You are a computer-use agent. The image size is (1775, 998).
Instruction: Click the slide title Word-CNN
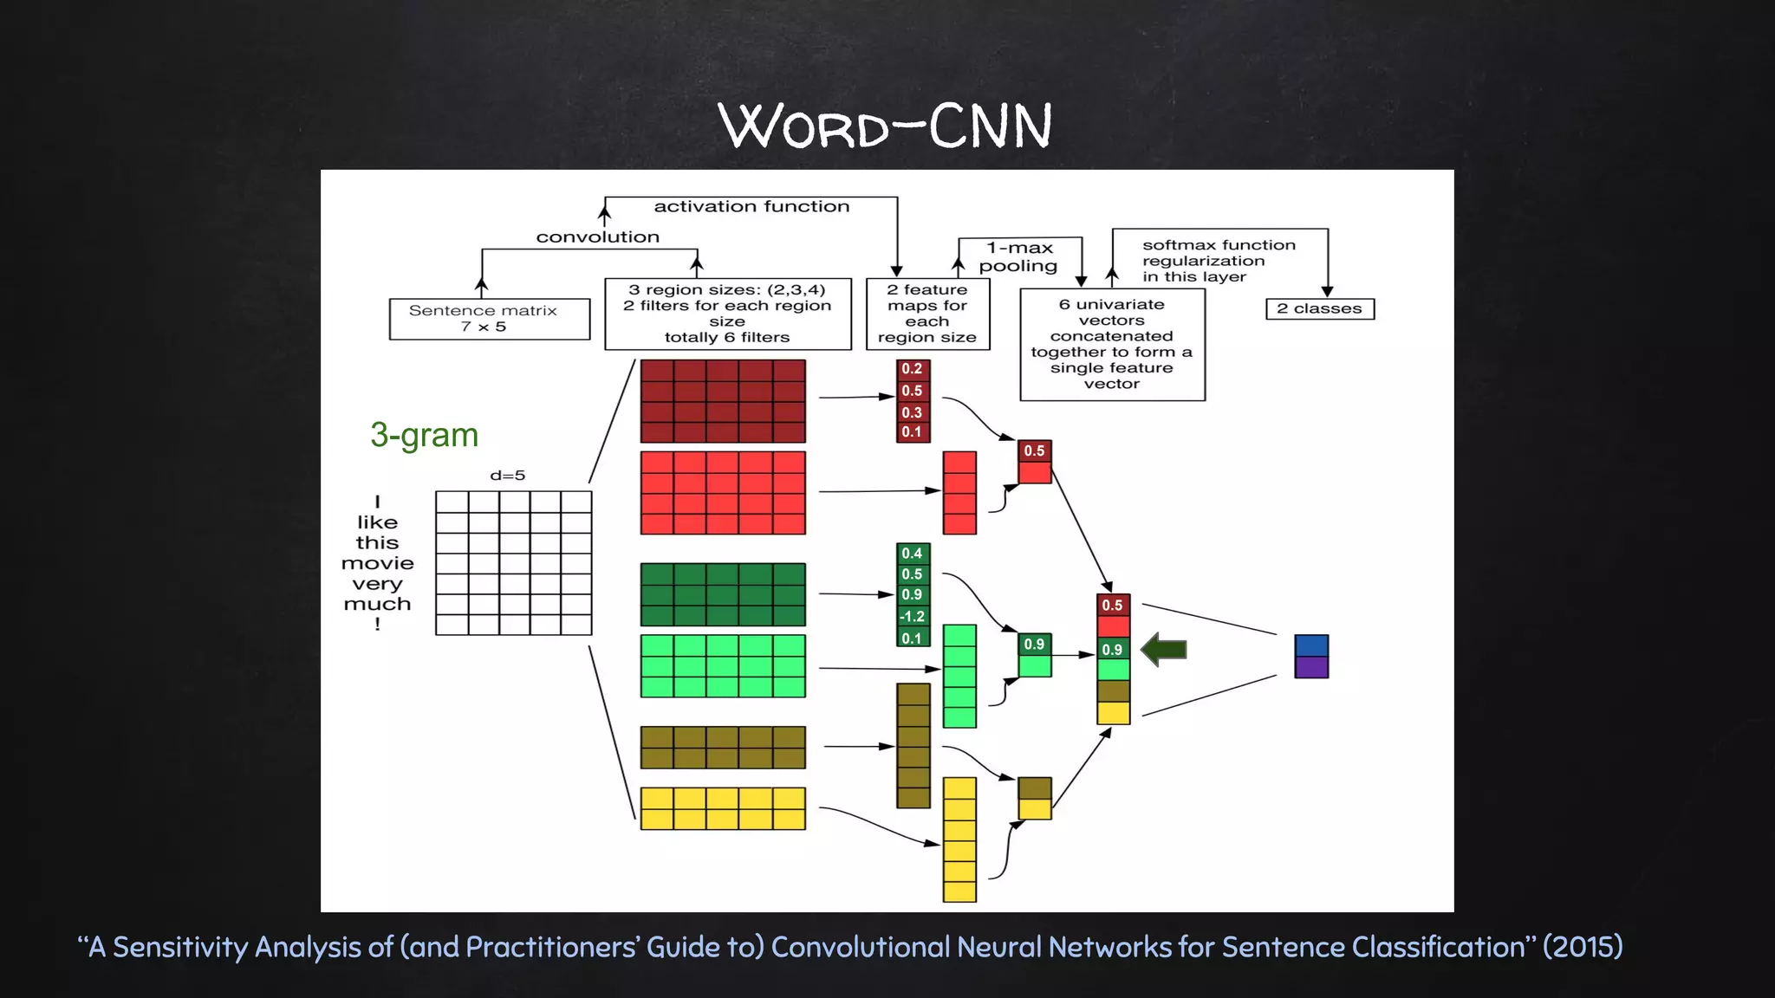pos(886,126)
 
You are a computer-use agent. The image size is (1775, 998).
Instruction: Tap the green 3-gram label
pos(424,435)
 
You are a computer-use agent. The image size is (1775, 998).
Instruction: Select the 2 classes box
pos(1319,308)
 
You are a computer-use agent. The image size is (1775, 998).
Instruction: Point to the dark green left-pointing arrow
pos(1164,649)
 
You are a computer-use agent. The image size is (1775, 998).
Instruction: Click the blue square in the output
pos(1311,645)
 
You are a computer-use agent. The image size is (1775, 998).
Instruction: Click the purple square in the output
pos(1311,667)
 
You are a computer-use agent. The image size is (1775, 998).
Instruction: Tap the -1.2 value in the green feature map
pos(913,617)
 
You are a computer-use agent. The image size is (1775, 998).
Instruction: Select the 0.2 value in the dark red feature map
pos(913,369)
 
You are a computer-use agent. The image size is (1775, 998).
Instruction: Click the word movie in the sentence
pos(377,563)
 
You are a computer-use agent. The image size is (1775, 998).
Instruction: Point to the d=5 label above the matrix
pos(507,476)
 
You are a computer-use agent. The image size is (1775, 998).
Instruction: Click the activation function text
pos(751,206)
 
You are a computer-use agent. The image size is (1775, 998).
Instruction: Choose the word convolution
pos(597,237)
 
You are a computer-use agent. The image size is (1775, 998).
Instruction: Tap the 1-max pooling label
pos(1019,256)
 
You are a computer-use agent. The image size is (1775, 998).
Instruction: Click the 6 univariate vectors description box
pos(1112,344)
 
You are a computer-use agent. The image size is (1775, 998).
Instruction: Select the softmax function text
pos(1219,245)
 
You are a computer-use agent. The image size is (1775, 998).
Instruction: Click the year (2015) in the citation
pos(1583,947)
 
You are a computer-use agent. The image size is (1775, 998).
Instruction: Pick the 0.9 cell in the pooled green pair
pos(1034,645)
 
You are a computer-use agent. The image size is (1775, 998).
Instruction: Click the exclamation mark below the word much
pos(377,624)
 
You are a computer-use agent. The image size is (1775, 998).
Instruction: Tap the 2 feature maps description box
pos(927,314)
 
